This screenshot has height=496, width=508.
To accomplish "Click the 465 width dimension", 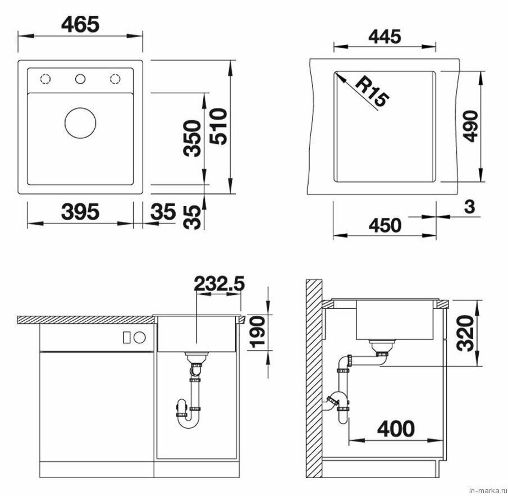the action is pyautogui.click(x=80, y=24).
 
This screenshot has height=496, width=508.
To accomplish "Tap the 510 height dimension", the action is pyautogui.click(x=218, y=126).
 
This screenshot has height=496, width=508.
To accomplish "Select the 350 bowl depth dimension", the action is pyautogui.click(x=192, y=138).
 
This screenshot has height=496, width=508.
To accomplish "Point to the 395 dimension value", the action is pyautogui.click(x=80, y=212).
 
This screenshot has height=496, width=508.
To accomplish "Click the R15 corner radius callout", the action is pyautogui.click(x=372, y=92).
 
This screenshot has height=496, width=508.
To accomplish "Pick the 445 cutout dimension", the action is pyautogui.click(x=385, y=37).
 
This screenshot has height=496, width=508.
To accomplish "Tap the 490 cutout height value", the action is pyautogui.click(x=470, y=126).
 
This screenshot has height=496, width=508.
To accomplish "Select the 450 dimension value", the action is pyautogui.click(x=385, y=225).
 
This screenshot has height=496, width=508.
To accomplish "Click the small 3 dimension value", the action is pyautogui.click(x=469, y=207).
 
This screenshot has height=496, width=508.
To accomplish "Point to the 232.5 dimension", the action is pyautogui.click(x=219, y=284).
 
